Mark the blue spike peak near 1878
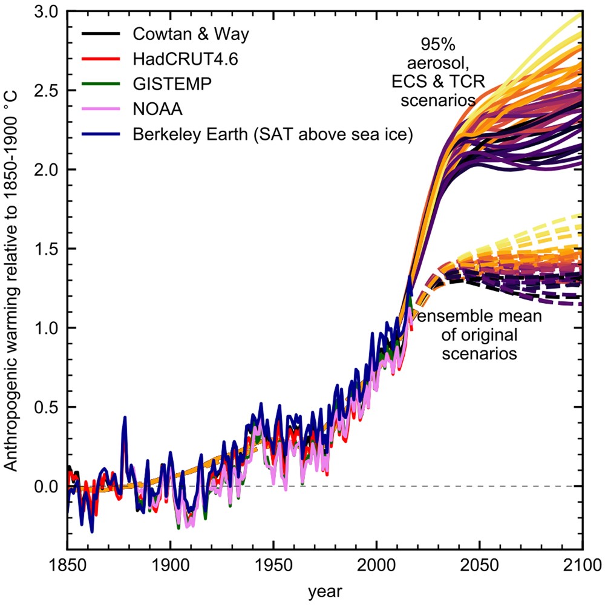point(125,417)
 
